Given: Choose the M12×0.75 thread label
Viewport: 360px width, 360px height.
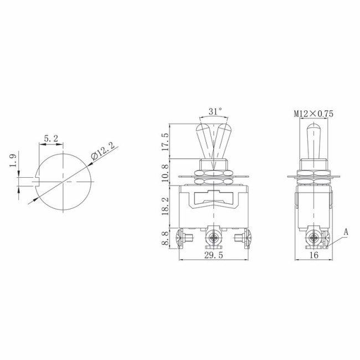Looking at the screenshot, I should tap(313, 114).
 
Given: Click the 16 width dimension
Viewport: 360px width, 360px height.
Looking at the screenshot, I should tap(313, 255).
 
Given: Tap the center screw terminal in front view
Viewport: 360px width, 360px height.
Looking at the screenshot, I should tap(212, 239).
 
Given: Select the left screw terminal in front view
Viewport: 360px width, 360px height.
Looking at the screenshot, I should tap(183, 239).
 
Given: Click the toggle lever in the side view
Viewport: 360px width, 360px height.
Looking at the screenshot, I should tap(313, 141).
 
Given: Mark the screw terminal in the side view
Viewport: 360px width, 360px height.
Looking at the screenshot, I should tap(314, 239).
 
